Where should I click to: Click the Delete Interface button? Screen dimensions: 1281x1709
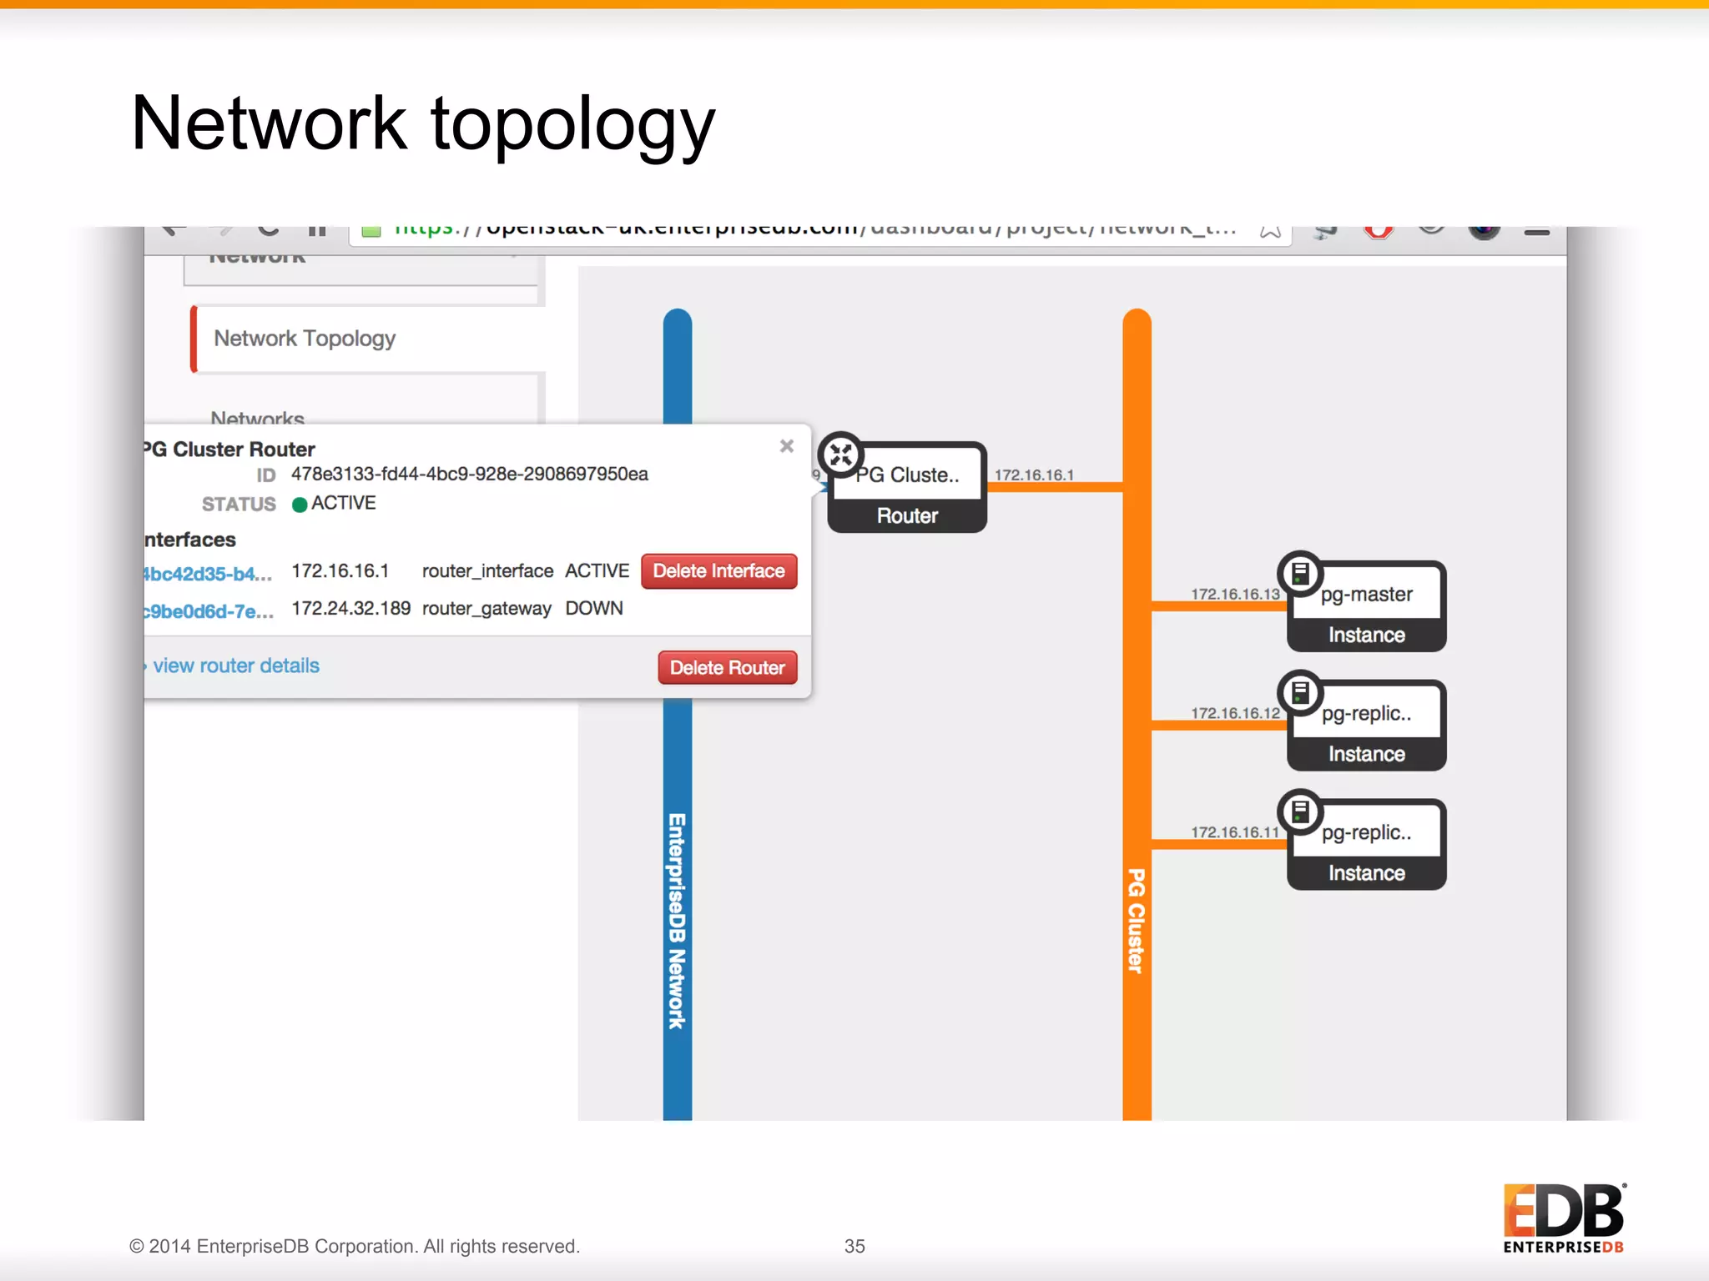click(718, 571)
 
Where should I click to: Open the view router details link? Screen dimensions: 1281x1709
click(235, 666)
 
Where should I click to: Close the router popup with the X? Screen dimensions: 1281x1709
click(786, 446)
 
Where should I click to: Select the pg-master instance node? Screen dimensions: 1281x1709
click(1366, 606)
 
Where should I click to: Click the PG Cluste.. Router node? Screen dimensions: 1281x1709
click(907, 488)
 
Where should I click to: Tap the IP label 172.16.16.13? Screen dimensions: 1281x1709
click(1234, 594)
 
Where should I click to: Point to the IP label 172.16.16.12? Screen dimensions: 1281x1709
click(1234, 713)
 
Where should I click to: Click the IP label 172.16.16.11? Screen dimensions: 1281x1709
click(1234, 832)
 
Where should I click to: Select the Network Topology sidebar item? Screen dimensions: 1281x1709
click(305, 339)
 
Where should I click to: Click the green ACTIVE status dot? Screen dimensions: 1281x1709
click(300, 505)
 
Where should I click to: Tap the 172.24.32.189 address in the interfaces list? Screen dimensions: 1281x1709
click(350, 609)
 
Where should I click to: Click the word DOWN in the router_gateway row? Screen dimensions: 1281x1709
click(594, 609)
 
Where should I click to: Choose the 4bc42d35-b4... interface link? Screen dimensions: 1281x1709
click(208, 574)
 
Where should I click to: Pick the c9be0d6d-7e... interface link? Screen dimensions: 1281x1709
click(208, 611)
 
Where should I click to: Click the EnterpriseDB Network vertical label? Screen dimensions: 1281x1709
click(677, 921)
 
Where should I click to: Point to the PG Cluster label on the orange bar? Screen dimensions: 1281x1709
click(1137, 921)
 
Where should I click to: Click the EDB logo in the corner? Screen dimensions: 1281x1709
click(1564, 1218)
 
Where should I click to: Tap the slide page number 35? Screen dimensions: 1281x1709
click(854, 1246)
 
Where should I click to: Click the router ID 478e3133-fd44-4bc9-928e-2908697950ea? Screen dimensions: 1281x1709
click(469, 474)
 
